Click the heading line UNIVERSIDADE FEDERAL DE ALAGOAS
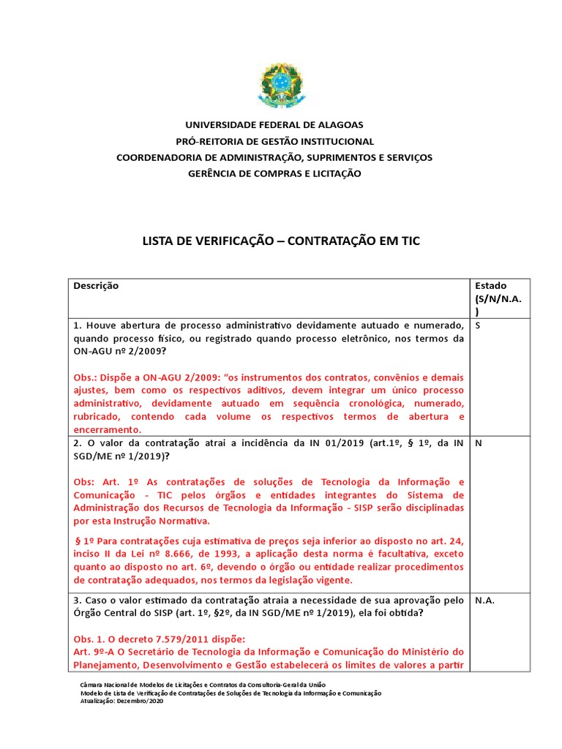coord(274,125)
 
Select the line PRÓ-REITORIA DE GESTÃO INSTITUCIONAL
coord(274,141)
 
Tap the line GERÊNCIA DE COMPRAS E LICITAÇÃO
coord(274,173)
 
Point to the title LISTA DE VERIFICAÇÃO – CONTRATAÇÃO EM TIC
coord(280,241)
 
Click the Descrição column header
coord(96,286)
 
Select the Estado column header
coord(490,286)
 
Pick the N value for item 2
coord(479,444)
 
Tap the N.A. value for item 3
coord(486,601)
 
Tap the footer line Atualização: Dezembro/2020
coord(121,701)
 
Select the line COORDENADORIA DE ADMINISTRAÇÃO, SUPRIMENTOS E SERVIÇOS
coord(274,157)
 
